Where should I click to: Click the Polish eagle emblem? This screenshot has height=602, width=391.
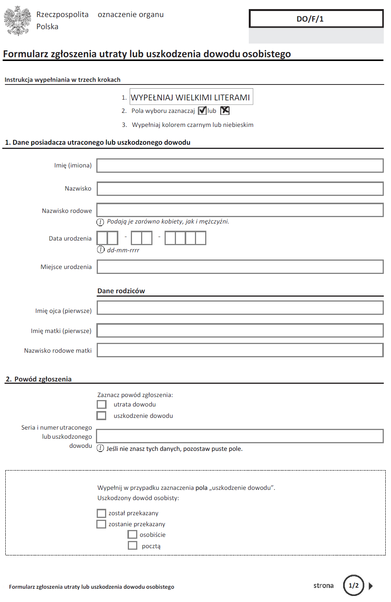17,21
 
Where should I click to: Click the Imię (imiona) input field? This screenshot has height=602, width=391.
240,166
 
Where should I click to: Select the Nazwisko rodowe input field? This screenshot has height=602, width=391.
240,210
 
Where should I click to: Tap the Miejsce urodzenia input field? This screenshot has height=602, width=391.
240,267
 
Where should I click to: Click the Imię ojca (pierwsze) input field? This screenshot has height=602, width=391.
240,308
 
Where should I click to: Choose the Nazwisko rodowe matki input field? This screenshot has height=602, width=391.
240,350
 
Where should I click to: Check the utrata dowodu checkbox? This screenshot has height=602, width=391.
102,405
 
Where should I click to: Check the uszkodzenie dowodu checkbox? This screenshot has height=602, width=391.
102,416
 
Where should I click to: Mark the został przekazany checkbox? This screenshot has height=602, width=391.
101,513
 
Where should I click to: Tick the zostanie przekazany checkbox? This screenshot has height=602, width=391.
101,524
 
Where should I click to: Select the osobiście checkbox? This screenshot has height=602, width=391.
132,535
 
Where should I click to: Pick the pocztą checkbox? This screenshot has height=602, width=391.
132,546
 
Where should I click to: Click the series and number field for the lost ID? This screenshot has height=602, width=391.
240,436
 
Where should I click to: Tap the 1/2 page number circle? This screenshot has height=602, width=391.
353,585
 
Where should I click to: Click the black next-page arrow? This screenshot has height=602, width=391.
371,586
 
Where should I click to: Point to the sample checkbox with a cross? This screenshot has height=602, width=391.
225,110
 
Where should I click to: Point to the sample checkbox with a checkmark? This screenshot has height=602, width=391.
203,111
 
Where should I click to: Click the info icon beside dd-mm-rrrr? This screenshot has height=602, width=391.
100,249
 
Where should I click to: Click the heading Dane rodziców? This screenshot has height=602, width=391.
121,291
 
